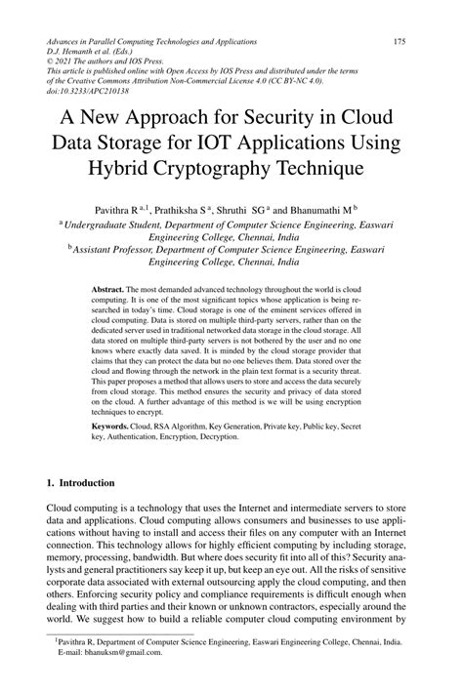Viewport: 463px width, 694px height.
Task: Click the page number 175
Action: coord(400,42)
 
